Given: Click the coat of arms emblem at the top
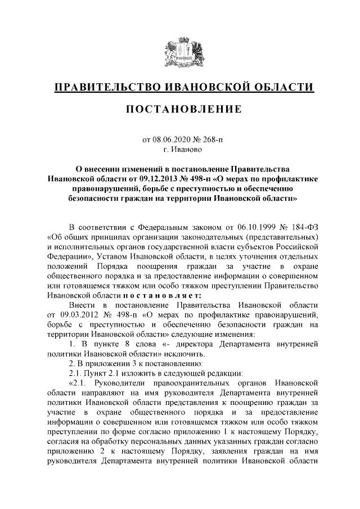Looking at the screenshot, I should [179, 54].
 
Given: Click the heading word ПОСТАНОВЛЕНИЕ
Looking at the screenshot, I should [180, 108].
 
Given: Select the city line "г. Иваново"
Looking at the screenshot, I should [180, 150].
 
